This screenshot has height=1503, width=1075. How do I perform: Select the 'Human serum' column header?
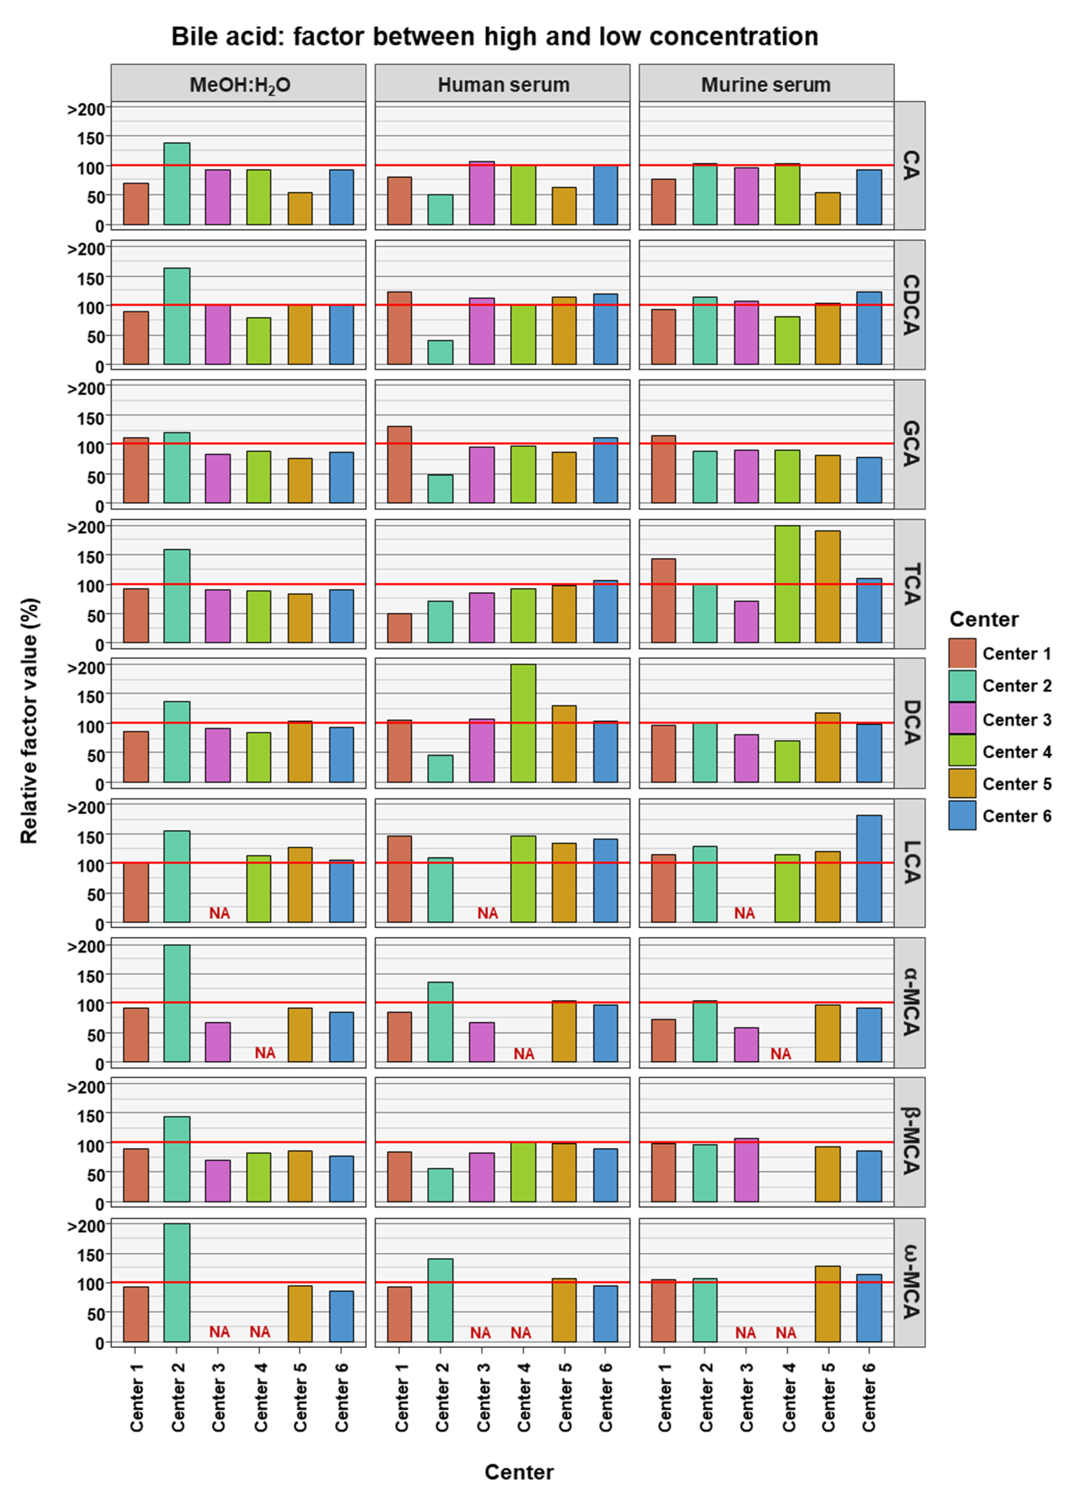point(503,85)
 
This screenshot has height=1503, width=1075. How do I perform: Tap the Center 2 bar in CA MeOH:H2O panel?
point(177,184)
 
